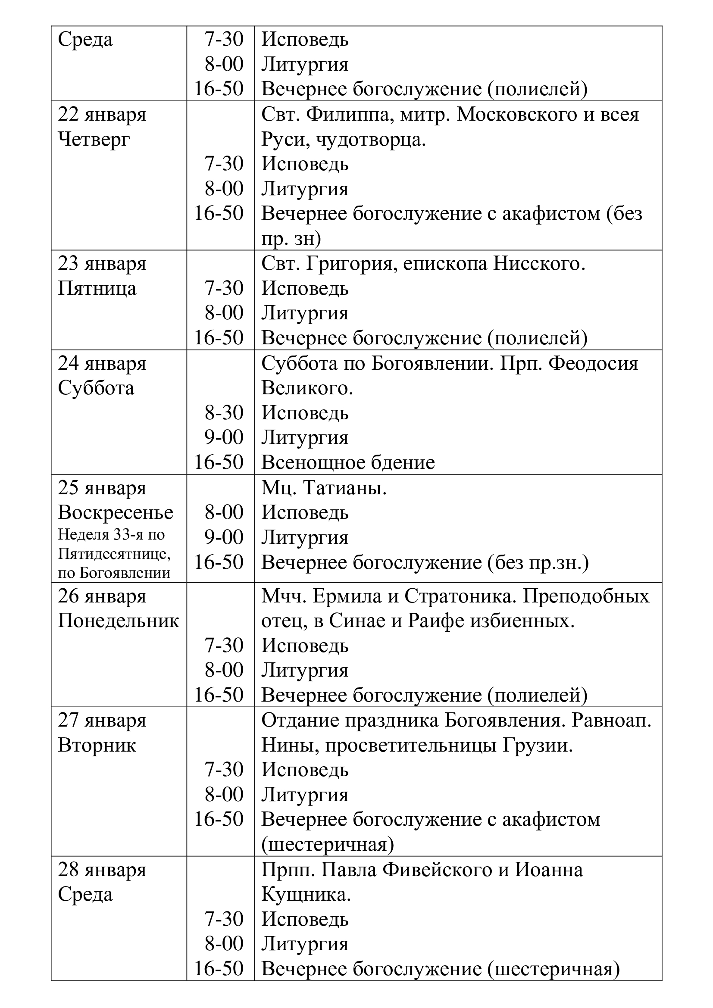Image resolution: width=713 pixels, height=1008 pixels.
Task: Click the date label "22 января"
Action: (x=102, y=115)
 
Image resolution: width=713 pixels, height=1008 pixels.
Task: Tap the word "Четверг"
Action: (x=94, y=140)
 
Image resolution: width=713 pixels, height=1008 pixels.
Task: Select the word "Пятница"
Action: (x=97, y=289)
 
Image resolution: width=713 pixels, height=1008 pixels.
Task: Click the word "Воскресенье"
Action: (x=116, y=513)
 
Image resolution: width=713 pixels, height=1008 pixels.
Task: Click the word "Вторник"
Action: (x=97, y=746)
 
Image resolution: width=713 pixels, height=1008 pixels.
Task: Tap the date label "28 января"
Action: (x=102, y=870)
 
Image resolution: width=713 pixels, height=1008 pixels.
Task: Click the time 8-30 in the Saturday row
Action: (x=224, y=413)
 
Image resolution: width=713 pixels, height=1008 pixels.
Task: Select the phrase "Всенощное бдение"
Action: (x=348, y=463)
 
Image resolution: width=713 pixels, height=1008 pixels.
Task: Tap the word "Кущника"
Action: (x=306, y=894)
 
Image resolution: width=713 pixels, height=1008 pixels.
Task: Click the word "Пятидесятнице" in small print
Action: (x=114, y=554)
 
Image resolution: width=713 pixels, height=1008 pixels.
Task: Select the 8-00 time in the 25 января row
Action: (x=224, y=513)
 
